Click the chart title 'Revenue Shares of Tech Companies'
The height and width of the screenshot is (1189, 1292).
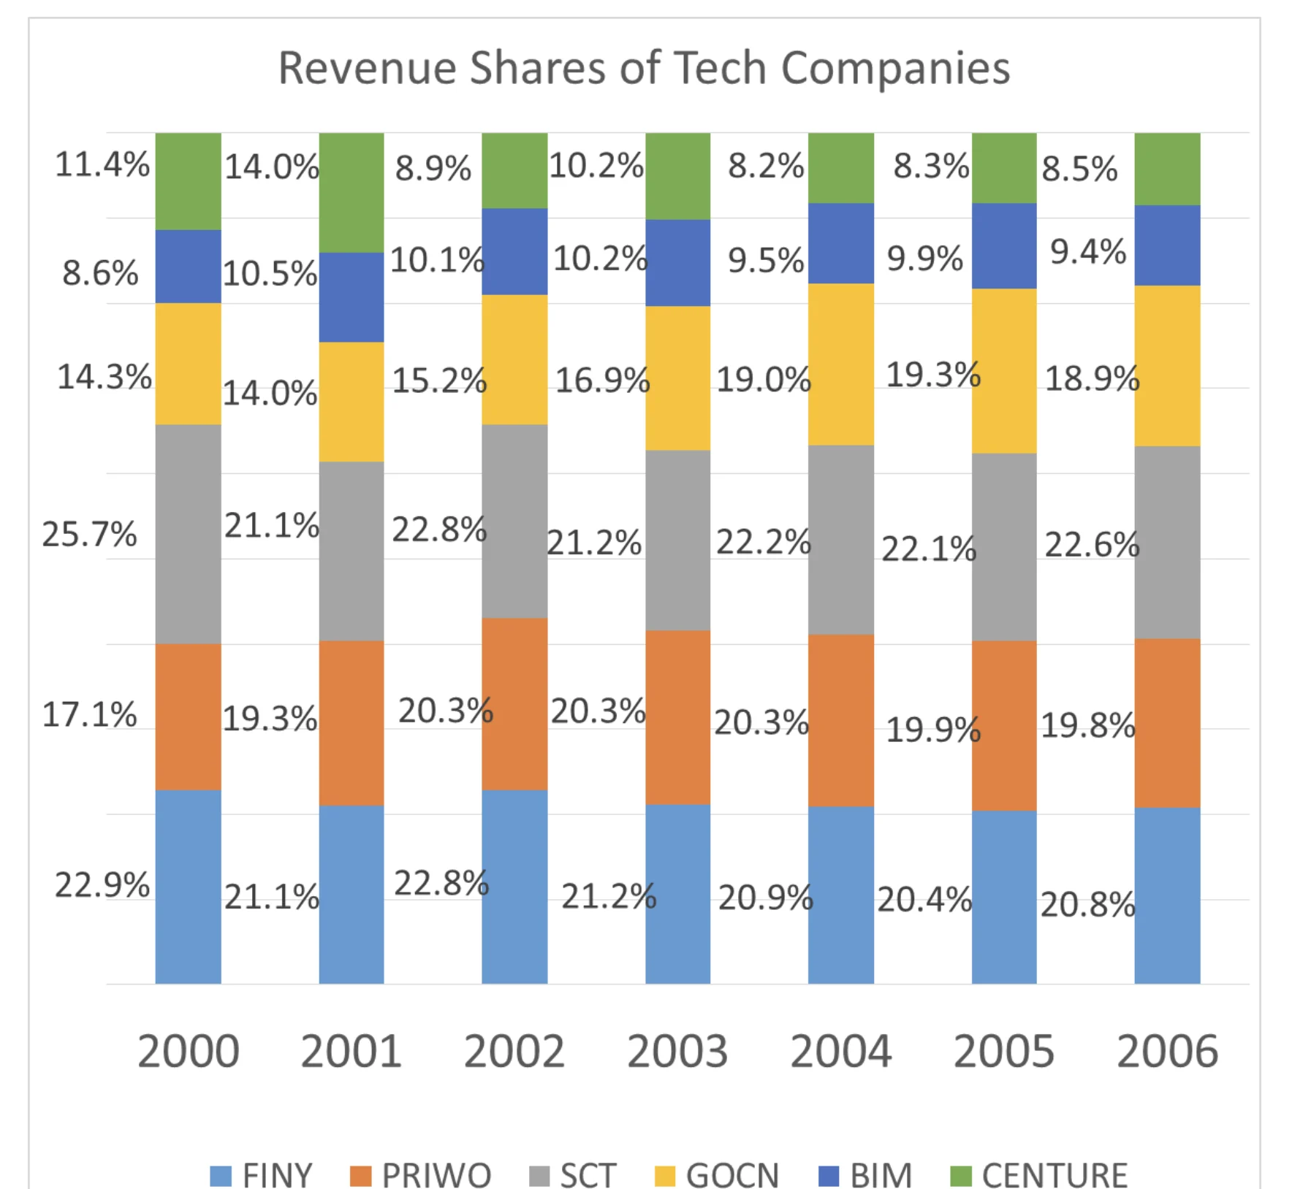pos(644,68)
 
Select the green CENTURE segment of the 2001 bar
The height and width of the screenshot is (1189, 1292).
pos(351,192)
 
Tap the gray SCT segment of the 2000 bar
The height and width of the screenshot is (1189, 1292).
pos(188,534)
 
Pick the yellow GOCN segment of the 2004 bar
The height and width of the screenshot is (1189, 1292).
pos(840,364)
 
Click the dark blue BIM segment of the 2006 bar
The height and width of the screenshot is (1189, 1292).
pos(1167,245)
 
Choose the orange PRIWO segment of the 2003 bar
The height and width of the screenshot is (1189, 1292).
pos(677,717)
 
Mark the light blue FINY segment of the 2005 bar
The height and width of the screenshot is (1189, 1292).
pos(1003,897)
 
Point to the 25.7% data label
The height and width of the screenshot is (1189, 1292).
pos(89,534)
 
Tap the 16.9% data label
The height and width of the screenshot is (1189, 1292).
pos(602,380)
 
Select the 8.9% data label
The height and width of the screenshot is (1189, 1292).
pos(433,169)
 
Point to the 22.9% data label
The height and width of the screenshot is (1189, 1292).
pos(102,885)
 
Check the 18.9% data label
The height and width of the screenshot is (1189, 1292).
pos(1092,378)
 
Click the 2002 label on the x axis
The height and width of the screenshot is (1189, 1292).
pos(514,1052)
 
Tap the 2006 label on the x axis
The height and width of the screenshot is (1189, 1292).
pos(1167,1052)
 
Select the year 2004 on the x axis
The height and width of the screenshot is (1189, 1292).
pos(840,1052)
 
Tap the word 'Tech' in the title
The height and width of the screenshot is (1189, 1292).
pos(721,68)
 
